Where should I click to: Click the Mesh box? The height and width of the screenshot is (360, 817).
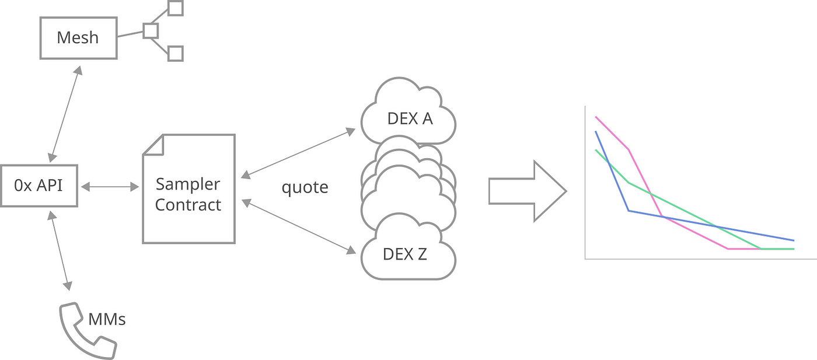[x=78, y=38]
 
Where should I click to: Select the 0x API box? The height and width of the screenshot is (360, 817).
[x=39, y=186]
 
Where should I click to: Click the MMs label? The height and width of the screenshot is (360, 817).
[x=107, y=319]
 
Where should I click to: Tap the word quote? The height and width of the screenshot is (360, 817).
[x=305, y=187]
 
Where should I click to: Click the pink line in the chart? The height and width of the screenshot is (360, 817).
[x=645, y=181]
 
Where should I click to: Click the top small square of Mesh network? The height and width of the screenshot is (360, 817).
[x=175, y=8]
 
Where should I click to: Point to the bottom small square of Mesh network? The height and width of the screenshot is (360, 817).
[x=175, y=54]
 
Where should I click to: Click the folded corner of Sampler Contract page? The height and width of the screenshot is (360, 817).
[x=153, y=145]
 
